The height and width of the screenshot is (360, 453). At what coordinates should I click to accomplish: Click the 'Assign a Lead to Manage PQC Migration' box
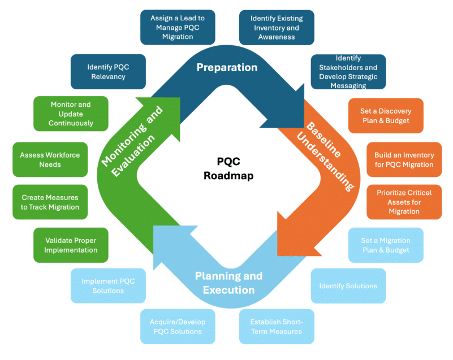[178, 27]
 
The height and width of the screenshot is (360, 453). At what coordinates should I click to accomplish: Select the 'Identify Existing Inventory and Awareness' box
[277, 27]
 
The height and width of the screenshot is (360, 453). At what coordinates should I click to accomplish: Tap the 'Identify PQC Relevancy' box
[108, 72]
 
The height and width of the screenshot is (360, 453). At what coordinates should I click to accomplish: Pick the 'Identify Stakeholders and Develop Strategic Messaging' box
[348, 72]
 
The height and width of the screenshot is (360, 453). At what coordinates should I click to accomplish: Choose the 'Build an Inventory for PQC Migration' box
[404, 160]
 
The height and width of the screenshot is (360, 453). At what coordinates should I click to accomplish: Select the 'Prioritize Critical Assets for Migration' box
[404, 202]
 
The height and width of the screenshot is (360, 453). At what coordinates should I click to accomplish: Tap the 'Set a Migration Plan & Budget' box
[385, 245]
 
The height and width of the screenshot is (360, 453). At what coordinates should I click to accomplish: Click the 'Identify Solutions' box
[348, 286]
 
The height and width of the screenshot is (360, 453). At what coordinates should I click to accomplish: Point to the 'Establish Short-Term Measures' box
[276, 327]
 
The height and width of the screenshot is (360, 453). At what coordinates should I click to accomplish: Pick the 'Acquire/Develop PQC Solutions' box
[178, 327]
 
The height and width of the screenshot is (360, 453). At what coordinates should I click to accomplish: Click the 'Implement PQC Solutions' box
[108, 286]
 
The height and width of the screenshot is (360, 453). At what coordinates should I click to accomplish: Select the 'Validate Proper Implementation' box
[71, 245]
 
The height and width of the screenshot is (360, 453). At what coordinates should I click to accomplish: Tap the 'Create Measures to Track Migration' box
[50, 202]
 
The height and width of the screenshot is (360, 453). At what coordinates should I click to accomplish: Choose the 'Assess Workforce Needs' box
[50, 160]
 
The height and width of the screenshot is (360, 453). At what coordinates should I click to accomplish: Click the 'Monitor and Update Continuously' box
[71, 114]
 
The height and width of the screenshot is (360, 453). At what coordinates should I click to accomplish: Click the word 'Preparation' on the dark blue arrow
[227, 67]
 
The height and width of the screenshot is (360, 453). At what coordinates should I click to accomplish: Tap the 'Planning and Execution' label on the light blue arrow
[228, 283]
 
